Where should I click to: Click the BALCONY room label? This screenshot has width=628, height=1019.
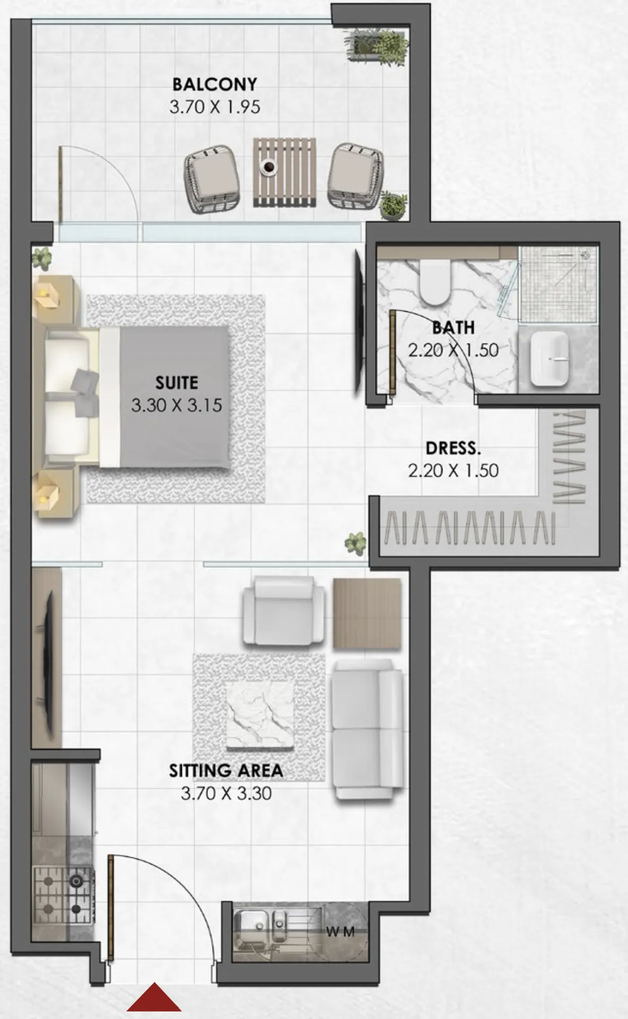click(x=215, y=84)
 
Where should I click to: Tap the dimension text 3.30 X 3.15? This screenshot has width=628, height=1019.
click(x=177, y=406)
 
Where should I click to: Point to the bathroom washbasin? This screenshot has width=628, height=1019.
click(x=549, y=359)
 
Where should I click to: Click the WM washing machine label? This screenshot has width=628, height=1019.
click(x=340, y=932)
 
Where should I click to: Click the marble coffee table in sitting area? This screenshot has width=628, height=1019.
click(x=260, y=716)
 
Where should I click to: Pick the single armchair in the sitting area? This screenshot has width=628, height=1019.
click(x=284, y=610)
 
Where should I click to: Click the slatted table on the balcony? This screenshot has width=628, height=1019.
click(x=285, y=172)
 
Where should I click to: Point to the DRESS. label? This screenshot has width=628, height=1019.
click(x=453, y=449)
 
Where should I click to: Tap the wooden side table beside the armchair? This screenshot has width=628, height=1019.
click(x=367, y=613)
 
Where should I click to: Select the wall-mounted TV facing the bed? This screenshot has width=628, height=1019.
click(x=360, y=322)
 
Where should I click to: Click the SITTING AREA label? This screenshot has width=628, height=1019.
click(x=226, y=770)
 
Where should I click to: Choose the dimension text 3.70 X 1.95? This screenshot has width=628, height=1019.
click(x=215, y=107)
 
